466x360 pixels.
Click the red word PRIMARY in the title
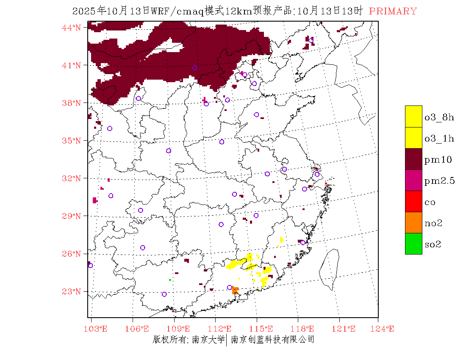(x=393, y=11)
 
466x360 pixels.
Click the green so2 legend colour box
(x=413, y=244)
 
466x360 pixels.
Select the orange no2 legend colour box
(x=413, y=223)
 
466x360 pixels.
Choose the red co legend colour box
(x=413, y=202)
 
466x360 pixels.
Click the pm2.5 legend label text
(x=439, y=181)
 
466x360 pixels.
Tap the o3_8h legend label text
(x=439, y=117)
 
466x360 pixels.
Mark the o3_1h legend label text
(x=439, y=138)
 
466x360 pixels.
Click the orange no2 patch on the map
(x=235, y=290)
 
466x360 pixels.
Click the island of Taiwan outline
(x=329, y=269)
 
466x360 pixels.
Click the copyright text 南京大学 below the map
(x=208, y=340)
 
